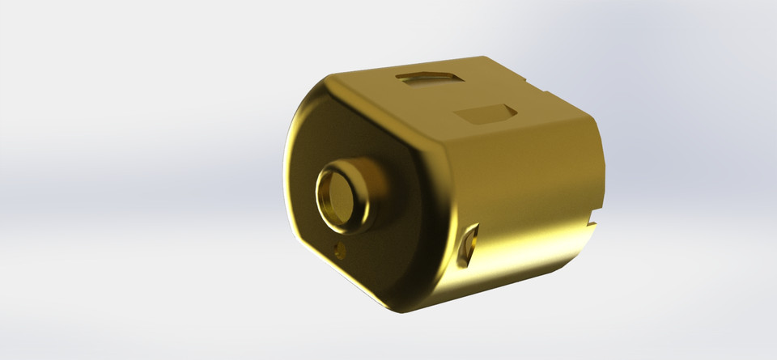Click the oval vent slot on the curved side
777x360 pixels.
click(x=469, y=246)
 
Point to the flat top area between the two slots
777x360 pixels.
click(x=453, y=95)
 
